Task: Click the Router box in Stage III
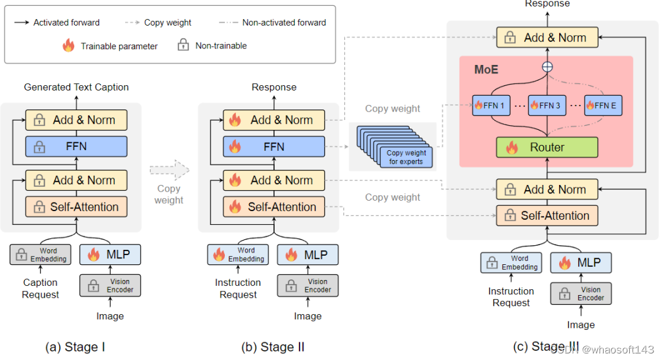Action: click(547, 147)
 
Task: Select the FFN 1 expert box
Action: click(492, 105)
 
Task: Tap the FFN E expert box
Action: click(603, 105)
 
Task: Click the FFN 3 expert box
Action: click(547, 105)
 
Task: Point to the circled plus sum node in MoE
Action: click(547, 67)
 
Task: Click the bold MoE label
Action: click(486, 68)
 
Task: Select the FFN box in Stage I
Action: click(76, 146)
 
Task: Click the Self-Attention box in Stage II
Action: click(274, 207)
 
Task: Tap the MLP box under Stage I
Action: click(109, 254)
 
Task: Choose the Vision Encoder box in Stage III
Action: click(581, 293)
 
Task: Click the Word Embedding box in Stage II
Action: click(237, 254)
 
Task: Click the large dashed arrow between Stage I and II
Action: click(169, 170)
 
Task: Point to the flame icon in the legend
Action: click(68, 46)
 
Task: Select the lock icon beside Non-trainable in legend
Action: click(184, 46)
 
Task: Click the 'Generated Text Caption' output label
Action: click(76, 87)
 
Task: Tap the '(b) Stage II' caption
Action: click(273, 346)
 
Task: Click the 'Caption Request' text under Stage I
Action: click(40, 289)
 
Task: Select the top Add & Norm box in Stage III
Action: click(547, 37)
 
